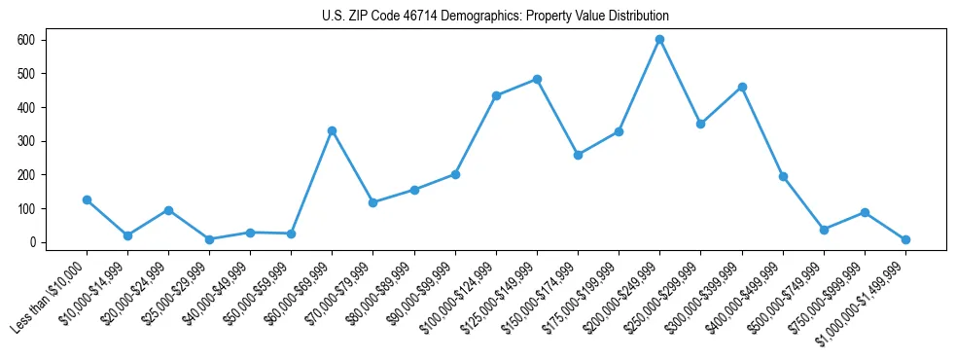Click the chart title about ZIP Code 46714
click(495, 17)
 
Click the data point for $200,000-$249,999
click(659, 39)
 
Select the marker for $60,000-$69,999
click(332, 130)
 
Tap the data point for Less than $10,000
click(87, 199)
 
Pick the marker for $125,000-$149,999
click(537, 79)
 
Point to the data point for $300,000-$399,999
click(742, 87)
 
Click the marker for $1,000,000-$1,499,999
click(905, 239)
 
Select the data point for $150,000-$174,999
click(578, 155)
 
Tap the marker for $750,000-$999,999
click(865, 212)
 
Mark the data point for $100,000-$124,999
click(496, 95)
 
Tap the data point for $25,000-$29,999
click(209, 239)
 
